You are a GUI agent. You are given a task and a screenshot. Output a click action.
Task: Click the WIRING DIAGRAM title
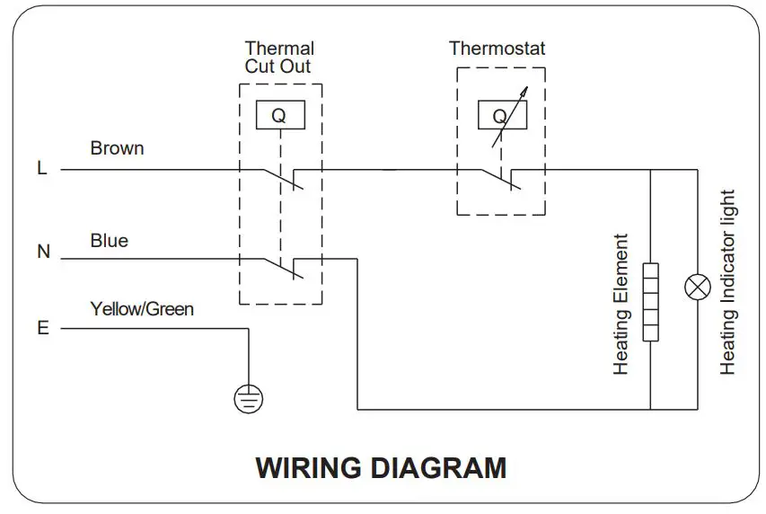[381, 468]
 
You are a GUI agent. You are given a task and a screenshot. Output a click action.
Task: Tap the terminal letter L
[42, 168]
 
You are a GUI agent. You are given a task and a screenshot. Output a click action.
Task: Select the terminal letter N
[43, 253]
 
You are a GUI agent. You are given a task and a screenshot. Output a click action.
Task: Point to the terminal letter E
[42, 329]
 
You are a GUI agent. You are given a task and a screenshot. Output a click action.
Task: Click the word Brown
[117, 148]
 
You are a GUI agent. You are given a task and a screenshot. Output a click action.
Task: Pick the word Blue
[110, 241]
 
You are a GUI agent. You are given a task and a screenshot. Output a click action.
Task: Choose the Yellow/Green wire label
[142, 310]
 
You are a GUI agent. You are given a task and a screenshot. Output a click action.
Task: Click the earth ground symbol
[249, 397]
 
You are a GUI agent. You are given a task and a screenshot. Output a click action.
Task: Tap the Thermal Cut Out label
[279, 57]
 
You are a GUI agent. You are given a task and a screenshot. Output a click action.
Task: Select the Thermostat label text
[497, 49]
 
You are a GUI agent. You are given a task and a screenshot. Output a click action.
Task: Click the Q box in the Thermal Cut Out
[279, 114]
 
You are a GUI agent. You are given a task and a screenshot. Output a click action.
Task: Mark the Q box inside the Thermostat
[499, 114]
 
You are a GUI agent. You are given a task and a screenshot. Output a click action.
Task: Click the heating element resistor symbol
[650, 302]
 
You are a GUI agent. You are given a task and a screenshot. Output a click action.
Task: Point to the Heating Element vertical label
[621, 305]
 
